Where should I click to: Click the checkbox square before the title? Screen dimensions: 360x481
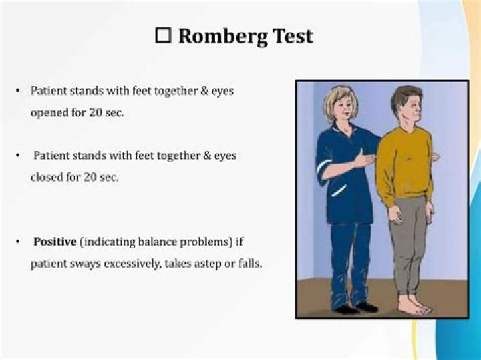point(163,36)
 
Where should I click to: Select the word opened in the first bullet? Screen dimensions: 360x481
point(48,112)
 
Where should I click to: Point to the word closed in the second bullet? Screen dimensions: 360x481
point(47,177)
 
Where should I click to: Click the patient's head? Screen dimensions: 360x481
point(406,106)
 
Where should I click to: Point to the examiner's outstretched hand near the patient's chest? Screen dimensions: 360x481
point(364,159)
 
